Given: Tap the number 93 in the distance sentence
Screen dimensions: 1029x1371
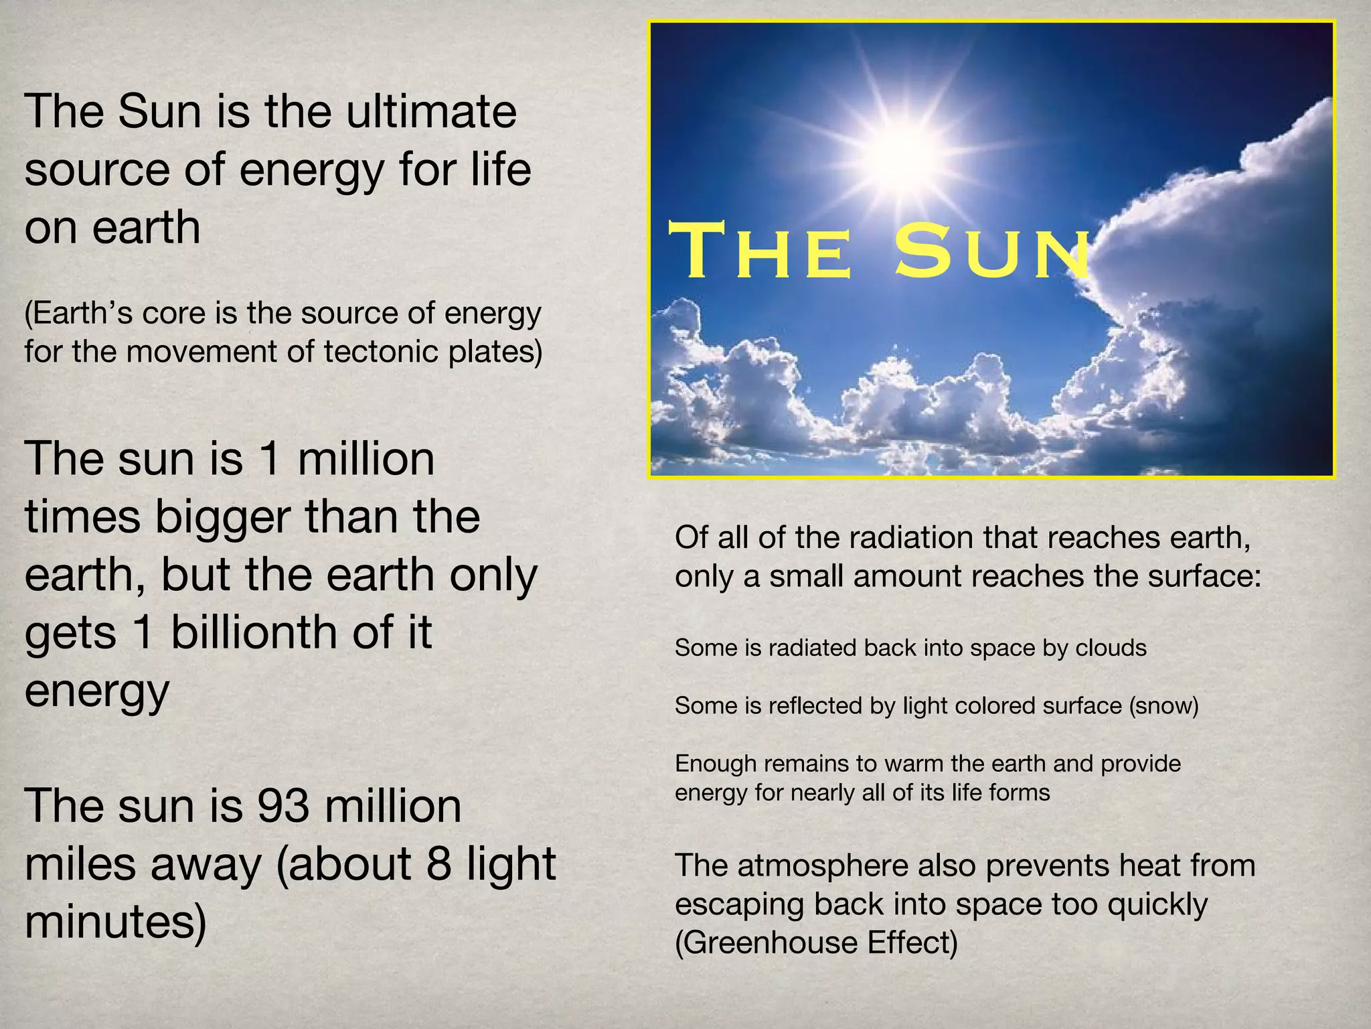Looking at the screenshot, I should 283,806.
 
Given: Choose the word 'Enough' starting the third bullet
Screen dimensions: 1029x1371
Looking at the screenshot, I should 715,763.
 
